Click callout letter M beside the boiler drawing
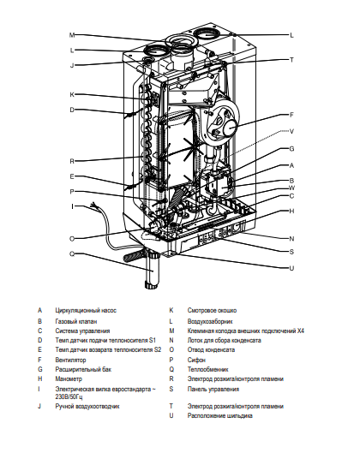73,35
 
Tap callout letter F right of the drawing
291,115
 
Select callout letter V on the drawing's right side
291,131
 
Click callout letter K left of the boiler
73,94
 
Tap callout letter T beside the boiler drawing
291,60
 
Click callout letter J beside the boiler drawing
73,65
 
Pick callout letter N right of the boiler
291,238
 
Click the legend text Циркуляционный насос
86,309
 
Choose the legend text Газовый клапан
77,319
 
